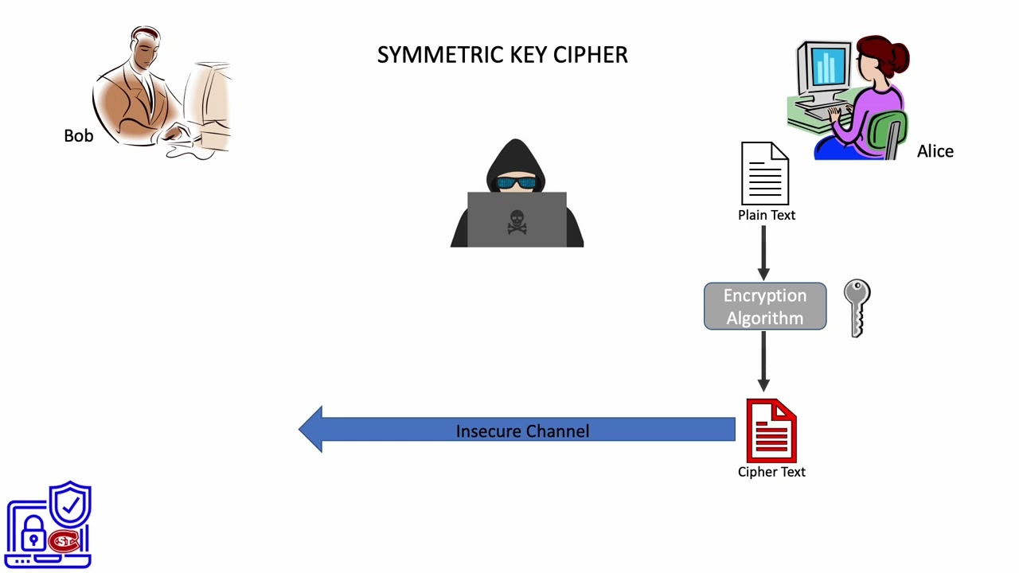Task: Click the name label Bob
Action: click(x=79, y=136)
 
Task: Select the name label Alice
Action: click(x=935, y=151)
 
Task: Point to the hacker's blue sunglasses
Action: click(x=517, y=184)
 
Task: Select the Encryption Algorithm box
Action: click(x=765, y=306)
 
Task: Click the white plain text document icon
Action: click(x=764, y=173)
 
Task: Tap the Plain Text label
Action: click(x=767, y=215)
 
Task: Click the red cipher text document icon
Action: click(x=771, y=431)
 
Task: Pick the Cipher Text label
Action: click(x=771, y=472)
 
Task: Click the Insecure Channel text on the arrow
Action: click(x=522, y=431)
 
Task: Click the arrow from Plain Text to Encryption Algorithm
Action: click(x=763, y=252)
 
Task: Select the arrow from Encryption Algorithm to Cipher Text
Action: click(x=763, y=362)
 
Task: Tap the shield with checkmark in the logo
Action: click(x=70, y=505)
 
